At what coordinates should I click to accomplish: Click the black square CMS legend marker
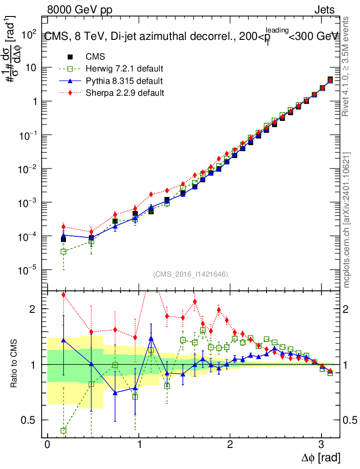(70, 57)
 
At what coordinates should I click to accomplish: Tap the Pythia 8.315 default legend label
(124, 81)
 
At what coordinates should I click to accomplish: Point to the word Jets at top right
(324, 10)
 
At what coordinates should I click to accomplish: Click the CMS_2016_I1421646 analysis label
(191, 274)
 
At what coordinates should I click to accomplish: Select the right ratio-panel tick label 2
(348, 309)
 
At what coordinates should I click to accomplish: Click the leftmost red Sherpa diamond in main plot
(64, 227)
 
